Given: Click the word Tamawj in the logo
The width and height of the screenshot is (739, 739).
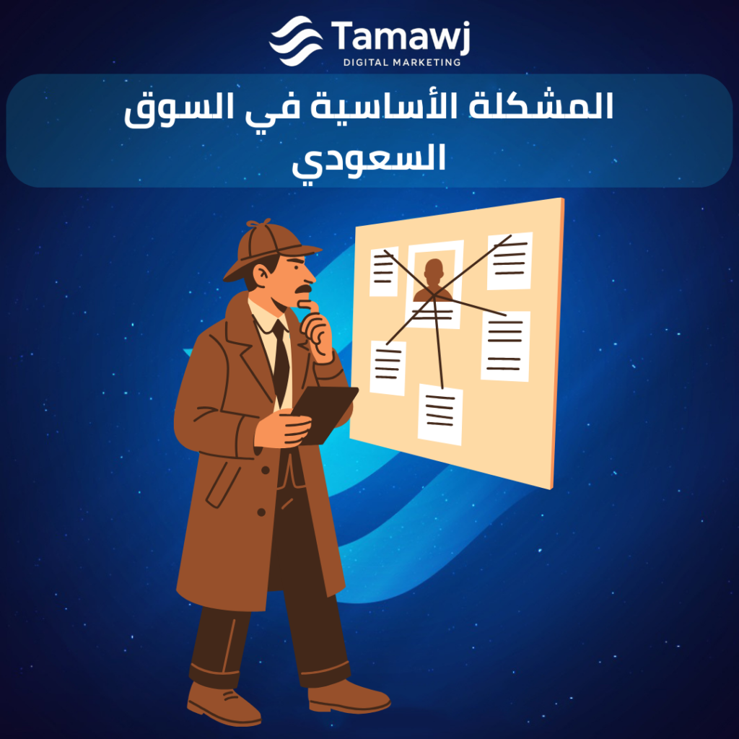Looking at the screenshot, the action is pyautogui.click(x=401, y=36).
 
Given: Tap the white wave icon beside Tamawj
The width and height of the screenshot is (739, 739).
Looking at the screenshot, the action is pyautogui.click(x=296, y=40).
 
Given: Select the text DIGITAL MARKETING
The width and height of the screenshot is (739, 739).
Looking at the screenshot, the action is pyautogui.click(x=402, y=62).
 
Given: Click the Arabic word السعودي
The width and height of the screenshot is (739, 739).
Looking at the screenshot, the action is pyautogui.click(x=369, y=161).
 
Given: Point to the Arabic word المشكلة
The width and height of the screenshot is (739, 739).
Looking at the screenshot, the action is pyautogui.click(x=541, y=105).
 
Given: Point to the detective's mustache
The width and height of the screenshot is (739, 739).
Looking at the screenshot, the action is pyautogui.click(x=304, y=289).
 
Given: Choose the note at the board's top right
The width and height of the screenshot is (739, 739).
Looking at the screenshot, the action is pyautogui.click(x=510, y=261).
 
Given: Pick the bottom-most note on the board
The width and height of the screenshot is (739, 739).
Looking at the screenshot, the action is pyautogui.click(x=440, y=414).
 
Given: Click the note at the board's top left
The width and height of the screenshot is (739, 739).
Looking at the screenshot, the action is pyautogui.click(x=384, y=271).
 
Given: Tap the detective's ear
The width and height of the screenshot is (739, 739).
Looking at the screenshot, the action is pyautogui.click(x=260, y=275).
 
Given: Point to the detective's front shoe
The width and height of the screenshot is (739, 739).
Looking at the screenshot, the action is pyautogui.click(x=349, y=696).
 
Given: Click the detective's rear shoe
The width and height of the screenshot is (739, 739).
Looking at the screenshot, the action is pyautogui.click(x=223, y=703).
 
